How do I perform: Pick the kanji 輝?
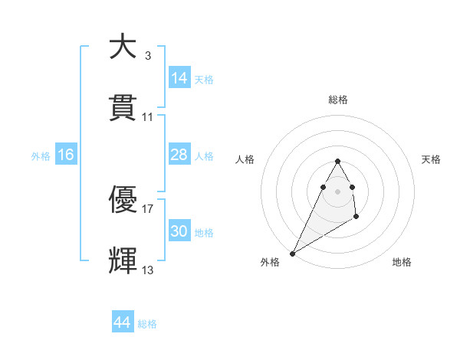click(x=123, y=260)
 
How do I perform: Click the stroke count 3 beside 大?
click(x=147, y=55)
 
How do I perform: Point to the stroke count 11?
click(x=147, y=117)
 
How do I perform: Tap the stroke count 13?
click(x=147, y=270)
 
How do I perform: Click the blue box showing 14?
click(x=179, y=78)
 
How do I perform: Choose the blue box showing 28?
click(x=179, y=155)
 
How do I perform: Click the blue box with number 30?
click(x=179, y=231)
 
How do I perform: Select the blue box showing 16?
click(x=66, y=155)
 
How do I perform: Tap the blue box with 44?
click(x=123, y=323)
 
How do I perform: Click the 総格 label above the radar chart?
click(x=338, y=100)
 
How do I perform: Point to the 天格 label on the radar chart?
click(x=431, y=159)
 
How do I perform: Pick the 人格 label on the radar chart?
click(x=245, y=159)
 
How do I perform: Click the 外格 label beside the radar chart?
click(x=270, y=262)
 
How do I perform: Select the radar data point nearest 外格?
click(x=292, y=253)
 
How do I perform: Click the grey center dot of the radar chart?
click(x=337, y=191)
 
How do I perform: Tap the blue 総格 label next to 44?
click(x=147, y=324)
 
